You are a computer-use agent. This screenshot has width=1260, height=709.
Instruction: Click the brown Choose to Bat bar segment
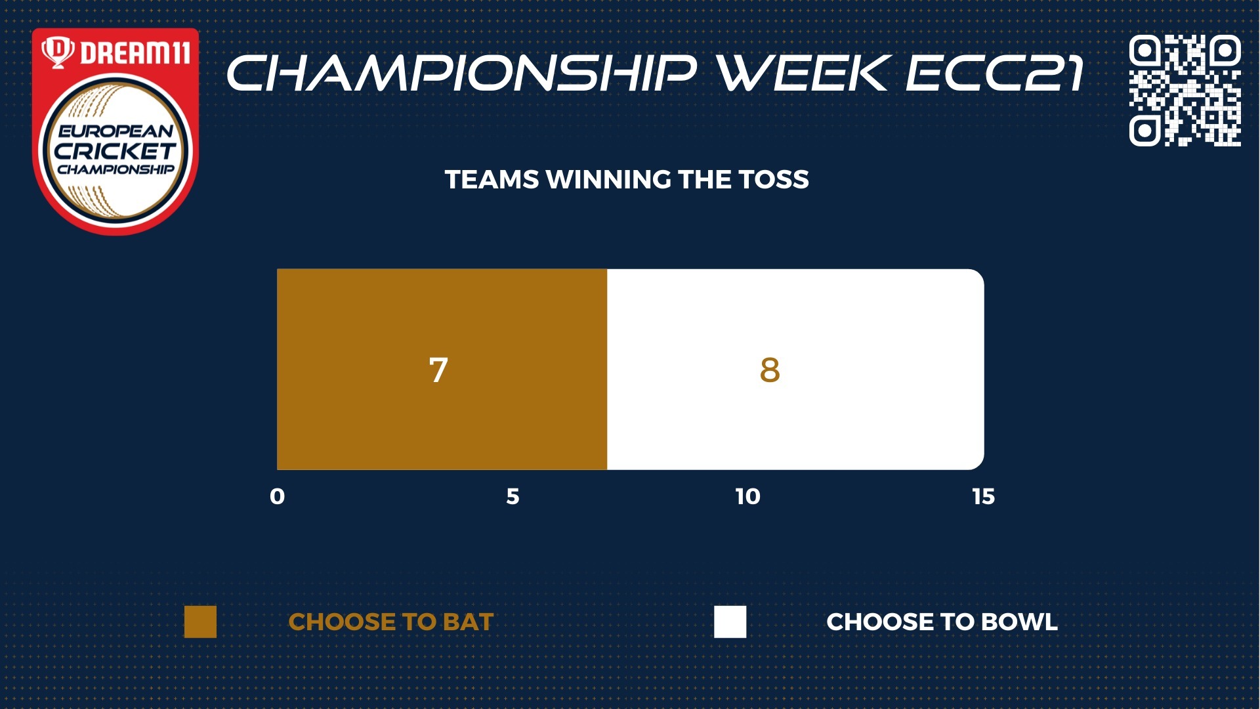click(x=442, y=369)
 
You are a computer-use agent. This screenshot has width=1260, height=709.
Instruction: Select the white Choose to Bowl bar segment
click(x=795, y=369)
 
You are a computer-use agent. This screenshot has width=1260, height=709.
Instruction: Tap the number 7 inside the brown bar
click(x=438, y=370)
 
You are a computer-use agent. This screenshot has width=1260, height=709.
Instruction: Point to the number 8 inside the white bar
click(x=770, y=370)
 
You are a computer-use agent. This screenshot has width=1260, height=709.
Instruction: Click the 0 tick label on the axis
click(x=278, y=496)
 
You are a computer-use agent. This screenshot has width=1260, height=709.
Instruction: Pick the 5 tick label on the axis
click(x=513, y=496)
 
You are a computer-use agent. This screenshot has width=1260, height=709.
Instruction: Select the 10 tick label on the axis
click(x=747, y=496)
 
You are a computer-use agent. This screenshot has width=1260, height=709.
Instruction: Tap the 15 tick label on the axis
click(x=983, y=496)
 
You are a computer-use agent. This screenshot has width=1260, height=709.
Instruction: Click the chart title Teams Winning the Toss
click(x=627, y=180)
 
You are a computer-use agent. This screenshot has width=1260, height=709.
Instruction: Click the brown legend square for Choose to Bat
click(x=200, y=622)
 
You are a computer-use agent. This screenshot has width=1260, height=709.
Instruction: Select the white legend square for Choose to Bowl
click(x=730, y=622)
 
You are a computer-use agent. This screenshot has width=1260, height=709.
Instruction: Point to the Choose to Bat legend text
click(x=391, y=622)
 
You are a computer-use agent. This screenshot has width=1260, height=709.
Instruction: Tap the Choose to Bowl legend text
click(x=942, y=622)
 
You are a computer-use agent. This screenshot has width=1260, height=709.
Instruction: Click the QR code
click(x=1185, y=90)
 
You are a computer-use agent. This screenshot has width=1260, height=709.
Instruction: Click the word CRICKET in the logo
click(x=115, y=151)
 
